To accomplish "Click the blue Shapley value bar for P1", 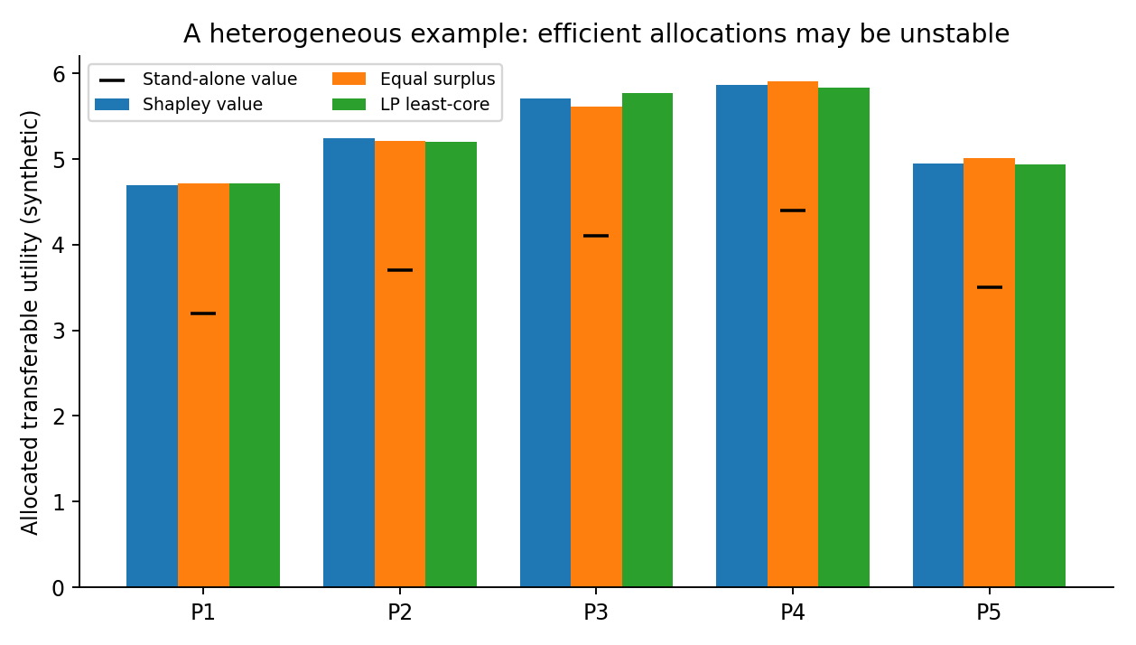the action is click(152, 387).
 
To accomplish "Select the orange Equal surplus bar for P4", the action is click(793, 334).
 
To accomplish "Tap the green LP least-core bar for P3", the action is click(647, 340).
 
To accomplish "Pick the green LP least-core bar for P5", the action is click(1040, 376).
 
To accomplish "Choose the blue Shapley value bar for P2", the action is click(349, 363).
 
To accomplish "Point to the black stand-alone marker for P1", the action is click(203, 313).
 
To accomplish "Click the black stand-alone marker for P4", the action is click(793, 210).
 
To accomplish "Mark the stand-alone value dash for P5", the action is click(990, 287).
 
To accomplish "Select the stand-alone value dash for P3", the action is click(596, 236).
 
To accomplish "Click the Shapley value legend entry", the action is click(179, 104).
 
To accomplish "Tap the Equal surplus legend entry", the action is click(414, 79).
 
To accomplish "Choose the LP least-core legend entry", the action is click(411, 104).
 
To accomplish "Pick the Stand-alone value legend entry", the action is click(198, 79).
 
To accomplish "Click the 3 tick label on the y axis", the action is click(59, 331).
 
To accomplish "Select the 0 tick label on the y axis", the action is click(59, 589).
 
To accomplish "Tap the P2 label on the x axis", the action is click(400, 612).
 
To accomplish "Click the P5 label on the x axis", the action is click(989, 612).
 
